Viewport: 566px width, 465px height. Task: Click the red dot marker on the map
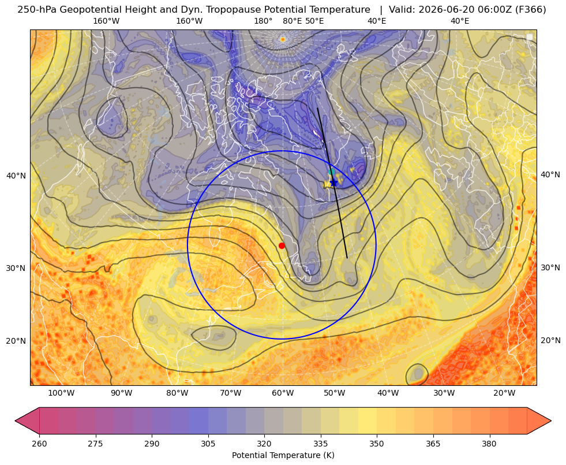pyautogui.click(x=282, y=245)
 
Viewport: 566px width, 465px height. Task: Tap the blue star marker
pyautogui.click(x=334, y=183)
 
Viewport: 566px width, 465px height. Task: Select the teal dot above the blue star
pyautogui.click(x=331, y=172)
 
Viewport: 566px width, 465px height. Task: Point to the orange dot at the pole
pyautogui.click(x=283, y=39)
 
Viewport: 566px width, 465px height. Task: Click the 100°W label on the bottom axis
pyautogui.click(x=61, y=393)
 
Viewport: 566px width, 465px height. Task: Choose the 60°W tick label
pyautogui.click(x=283, y=393)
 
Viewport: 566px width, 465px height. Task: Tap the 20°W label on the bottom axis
pyautogui.click(x=504, y=393)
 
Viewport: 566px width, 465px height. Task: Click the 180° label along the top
pyautogui.click(x=263, y=21)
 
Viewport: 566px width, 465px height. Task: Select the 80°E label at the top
pyautogui.click(x=293, y=21)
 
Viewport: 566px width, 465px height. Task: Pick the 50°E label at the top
pyautogui.click(x=315, y=21)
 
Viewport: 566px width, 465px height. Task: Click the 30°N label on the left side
pyautogui.click(x=16, y=268)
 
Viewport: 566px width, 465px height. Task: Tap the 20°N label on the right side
pyautogui.click(x=550, y=340)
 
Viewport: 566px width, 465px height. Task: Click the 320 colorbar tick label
pyautogui.click(x=264, y=444)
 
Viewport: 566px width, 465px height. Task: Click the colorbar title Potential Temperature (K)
pyautogui.click(x=283, y=455)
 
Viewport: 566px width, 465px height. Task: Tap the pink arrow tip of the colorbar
pyautogui.click(x=16, y=421)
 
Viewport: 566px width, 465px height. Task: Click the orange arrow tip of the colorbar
pyautogui.click(x=550, y=421)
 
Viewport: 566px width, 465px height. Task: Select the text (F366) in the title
pyautogui.click(x=532, y=9)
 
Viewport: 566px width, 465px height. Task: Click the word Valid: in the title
pyautogui.click(x=402, y=9)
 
